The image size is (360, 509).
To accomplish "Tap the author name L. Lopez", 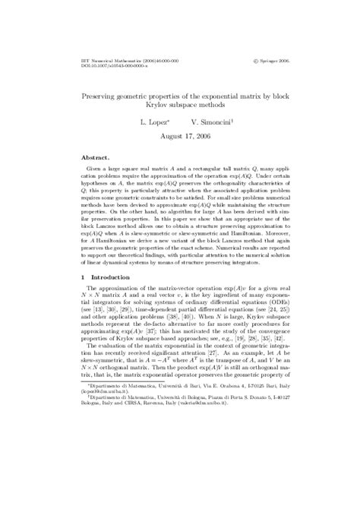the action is click(153, 122).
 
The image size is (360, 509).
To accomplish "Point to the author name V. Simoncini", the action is click(212, 122).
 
